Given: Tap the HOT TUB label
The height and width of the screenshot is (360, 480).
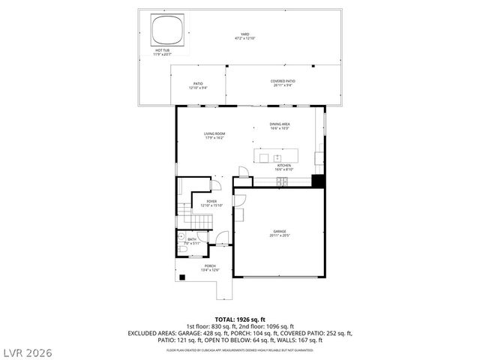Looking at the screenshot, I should (x=162, y=52).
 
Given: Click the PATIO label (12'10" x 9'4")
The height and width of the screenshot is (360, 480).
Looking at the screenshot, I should (x=199, y=85).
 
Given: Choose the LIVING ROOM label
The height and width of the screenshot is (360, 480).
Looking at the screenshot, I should (x=214, y=136).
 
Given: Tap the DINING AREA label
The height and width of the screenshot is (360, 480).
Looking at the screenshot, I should (x=280, y=126).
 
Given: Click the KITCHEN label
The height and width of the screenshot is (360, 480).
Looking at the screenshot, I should (x=284, y=167).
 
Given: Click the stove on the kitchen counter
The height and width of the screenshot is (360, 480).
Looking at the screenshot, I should (x=283, y=181).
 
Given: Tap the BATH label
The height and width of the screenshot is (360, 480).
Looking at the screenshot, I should (x=193, y=241).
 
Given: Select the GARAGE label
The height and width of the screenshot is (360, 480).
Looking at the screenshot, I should (x=280, y=232).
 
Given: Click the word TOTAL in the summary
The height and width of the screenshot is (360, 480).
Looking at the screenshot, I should (x=227, y=319).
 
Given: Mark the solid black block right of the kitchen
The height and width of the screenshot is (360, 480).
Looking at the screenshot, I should (x=318, y=181).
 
